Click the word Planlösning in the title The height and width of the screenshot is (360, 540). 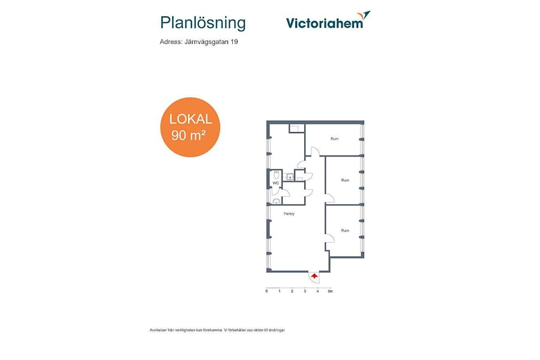[x=203, y=23]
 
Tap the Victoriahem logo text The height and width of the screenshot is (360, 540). [x=325, y=23]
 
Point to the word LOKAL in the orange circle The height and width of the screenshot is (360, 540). [x=190, y=119]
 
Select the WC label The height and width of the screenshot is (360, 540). [x=276, y=183]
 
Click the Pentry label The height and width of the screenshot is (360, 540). [x=289, y=214]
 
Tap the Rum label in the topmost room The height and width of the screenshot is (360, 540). [x=334, y=139]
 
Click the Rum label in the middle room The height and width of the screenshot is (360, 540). [x=344, y=180]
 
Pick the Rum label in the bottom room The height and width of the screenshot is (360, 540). [x=344, y=230]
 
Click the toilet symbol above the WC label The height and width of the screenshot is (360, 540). [x=276, y=175]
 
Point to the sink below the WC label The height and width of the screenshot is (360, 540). [x=277, y=202]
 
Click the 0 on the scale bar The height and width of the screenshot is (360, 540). [x=267, y=291]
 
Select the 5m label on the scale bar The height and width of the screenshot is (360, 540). [x=330, y=291]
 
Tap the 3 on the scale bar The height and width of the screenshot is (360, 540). [x=305, y=291]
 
